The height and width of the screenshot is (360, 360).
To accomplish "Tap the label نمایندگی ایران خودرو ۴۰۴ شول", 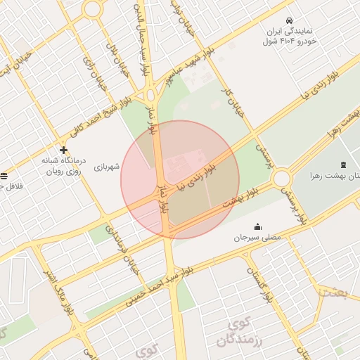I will pyautogui.click(x=290, y=37).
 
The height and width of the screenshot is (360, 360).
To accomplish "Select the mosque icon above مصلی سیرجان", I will pyautogui.click(x=257, y=226).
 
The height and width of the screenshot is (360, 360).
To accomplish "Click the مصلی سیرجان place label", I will pyautogui.click(x=257, y=238).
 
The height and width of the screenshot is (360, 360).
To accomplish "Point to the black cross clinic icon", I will pyautogui.click(x=64, y=150).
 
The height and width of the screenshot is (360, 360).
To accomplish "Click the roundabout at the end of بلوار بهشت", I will pyautogui.click(x=283, y=178).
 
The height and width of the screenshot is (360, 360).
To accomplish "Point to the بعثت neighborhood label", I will pyautogui.click(x=331, y=292).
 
